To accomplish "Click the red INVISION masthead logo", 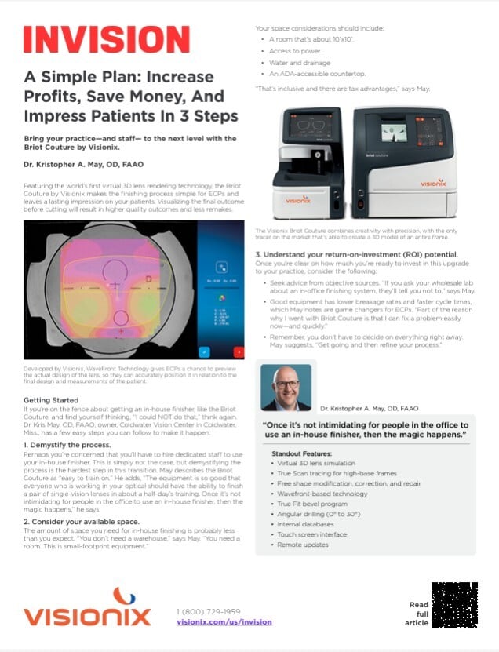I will click(106, 39).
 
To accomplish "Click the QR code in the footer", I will click(454, 605).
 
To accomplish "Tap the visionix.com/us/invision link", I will click(224, 621).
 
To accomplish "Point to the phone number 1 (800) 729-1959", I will click(209, 610).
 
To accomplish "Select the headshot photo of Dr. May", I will click(286, 386).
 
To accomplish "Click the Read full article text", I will click(419, 614).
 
